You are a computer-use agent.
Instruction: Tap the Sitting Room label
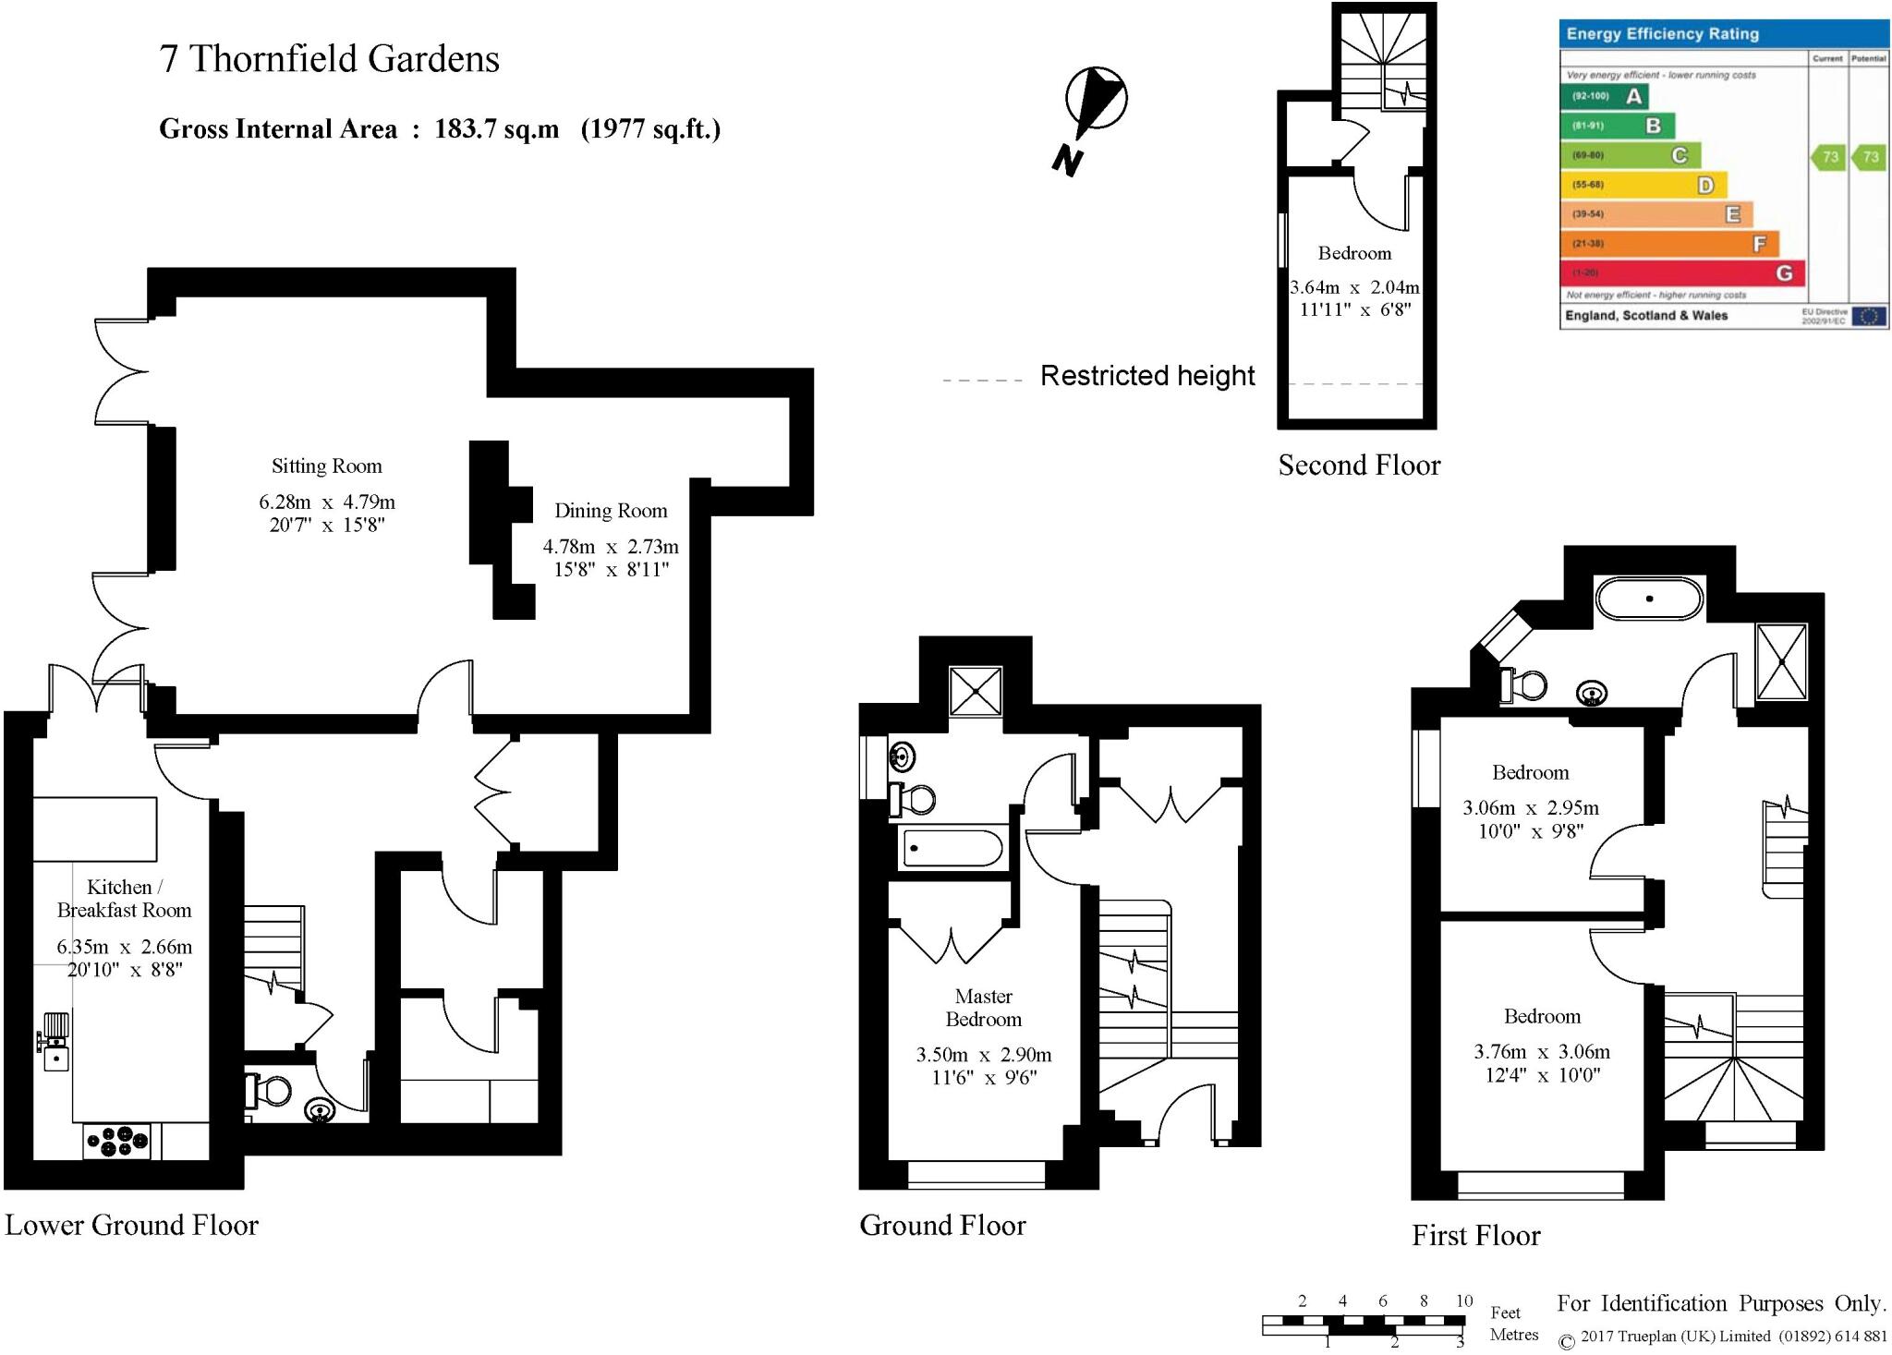[326, 466]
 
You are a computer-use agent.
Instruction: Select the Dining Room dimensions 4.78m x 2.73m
[611, 547]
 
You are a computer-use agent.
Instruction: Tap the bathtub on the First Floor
[1649, 599]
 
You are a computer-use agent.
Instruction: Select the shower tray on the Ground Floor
[976, 691]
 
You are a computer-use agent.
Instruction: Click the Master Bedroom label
[984, 1008]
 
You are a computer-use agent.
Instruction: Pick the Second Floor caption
[1359, 466]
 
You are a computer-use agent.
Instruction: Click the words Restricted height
[1147, 376]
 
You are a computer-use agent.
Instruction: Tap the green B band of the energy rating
[1618, 126]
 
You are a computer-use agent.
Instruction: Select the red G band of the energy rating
[1681, 273]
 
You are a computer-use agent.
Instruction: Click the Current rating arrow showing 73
[1827, 157]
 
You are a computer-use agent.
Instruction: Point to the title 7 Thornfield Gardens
[330, 59]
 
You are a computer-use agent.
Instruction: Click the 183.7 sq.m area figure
[497, 129]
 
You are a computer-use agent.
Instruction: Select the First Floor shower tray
[1780, 661]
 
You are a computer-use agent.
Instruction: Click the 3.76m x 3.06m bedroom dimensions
[1542, 1052]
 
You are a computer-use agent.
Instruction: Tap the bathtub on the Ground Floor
[952, 848]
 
